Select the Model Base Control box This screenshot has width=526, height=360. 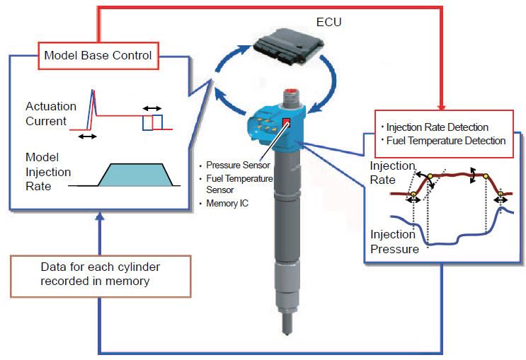(x=98, y=55)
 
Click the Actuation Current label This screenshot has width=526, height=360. (x=50, y=114)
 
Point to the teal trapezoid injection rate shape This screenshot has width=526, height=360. (x=133, y=175)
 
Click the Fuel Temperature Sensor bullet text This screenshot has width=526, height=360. (x=239, y=184)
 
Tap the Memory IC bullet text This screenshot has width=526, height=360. (x=228, y=203)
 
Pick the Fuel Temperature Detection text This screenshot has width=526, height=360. (x=445, y=141)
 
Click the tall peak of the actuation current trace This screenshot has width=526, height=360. (x=93, y=93)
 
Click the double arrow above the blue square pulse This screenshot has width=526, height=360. (x=152, y=108)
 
